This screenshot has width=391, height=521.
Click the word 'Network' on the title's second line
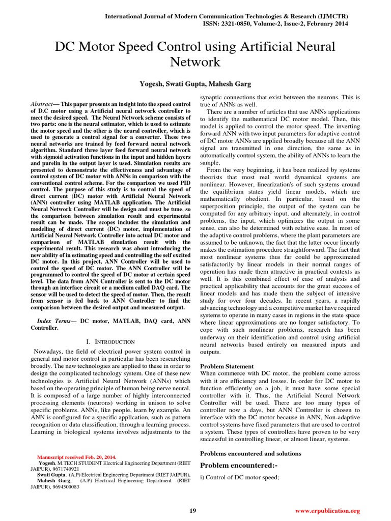(x=195, y=62)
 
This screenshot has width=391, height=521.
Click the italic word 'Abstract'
(x=43, y=103)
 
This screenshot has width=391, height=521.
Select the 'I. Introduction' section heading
(x=110, y=341)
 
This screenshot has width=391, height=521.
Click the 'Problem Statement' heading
(x=227, y=366)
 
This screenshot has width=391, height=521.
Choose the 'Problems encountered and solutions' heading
(x=250, y=453)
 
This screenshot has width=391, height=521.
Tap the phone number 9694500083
(x=65, y=486)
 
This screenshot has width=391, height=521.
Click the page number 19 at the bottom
(x=193, y=510)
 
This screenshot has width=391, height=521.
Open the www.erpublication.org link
(x=327, y=510)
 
